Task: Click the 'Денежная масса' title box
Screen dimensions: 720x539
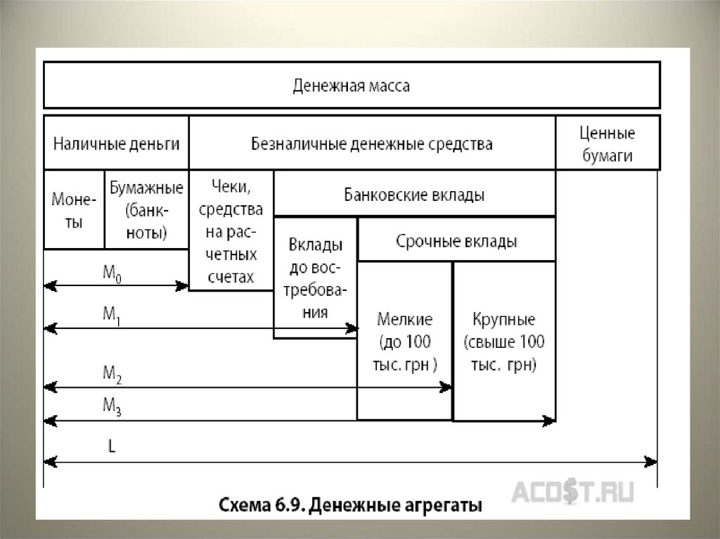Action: (351, 86)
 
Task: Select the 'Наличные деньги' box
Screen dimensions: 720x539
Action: (117, 144)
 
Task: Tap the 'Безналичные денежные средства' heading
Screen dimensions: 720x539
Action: (372, 144)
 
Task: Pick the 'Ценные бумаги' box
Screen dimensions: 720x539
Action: (607, 144)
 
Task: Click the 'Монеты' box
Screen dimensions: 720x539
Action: (74, 210)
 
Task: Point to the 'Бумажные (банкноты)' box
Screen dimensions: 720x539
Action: (146, 210)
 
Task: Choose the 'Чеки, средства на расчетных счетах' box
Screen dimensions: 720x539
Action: (231, 230)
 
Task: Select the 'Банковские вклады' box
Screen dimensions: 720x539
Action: (414, 195)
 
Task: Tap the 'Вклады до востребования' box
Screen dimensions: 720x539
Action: (316, 278)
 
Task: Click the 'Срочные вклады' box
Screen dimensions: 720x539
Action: (456, 241)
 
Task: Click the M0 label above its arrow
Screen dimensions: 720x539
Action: (112, 275)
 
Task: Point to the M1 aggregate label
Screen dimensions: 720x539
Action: (112, 316)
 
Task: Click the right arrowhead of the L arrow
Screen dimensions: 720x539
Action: (652, 462)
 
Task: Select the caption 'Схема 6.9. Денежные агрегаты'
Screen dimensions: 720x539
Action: (351, 505)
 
